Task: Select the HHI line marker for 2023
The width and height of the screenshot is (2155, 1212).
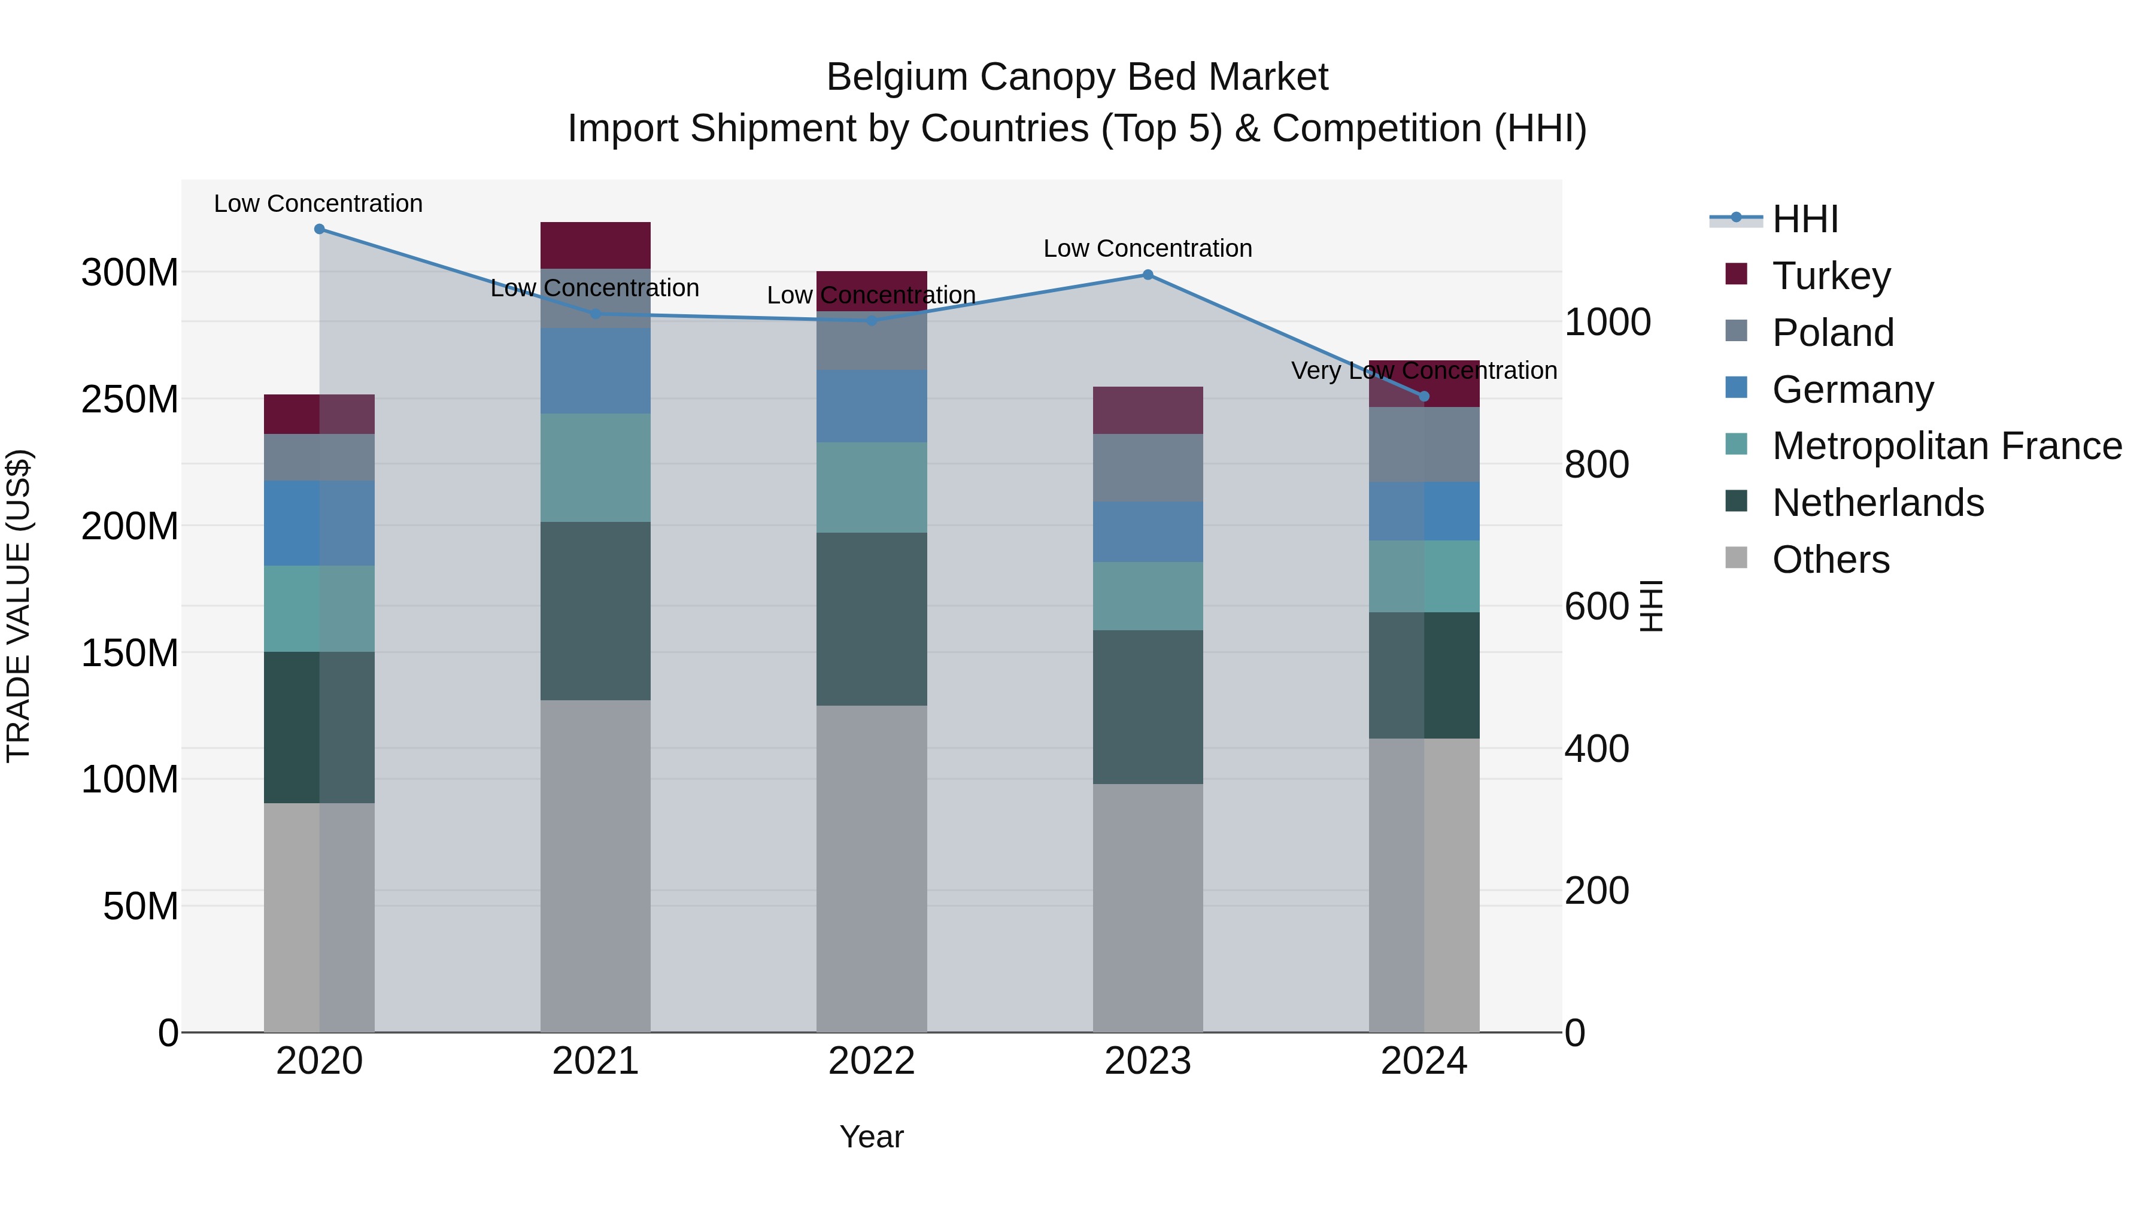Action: click(x=1147, y=274)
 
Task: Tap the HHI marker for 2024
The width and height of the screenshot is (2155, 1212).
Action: click(x=1424, y=396)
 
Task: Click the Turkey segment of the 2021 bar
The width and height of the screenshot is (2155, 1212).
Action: click(x=595, y=245)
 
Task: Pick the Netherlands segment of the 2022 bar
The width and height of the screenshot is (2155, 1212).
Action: click(x=871, y=619)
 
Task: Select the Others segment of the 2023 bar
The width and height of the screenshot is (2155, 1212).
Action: click(x=1147, y=907)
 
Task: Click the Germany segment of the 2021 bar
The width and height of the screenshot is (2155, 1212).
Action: click(x=595, y=370)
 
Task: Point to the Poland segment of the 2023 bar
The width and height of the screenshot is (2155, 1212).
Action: click(x=1147, y=467)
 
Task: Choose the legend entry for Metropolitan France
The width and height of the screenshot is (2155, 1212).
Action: click(x=1946, y=446)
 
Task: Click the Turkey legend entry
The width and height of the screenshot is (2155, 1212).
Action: click(x=1831, y=276)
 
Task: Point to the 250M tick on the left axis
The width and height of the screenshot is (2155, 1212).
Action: click(x=130, y=399)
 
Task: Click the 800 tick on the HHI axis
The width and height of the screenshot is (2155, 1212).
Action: click(x=1596, y=464)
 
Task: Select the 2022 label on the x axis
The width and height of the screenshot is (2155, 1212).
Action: click(x=871, y=1061)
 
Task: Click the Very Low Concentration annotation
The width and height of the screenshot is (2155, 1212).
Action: click(x=1424, y=370)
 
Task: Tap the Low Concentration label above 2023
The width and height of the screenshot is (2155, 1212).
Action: click(x=1147, y=248)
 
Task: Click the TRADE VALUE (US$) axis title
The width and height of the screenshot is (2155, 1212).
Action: click(x=19, y=606)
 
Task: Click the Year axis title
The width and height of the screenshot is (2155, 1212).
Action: click(x=871, y=1137)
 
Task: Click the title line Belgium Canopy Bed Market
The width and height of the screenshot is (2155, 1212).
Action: click(x=1077, y=77)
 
